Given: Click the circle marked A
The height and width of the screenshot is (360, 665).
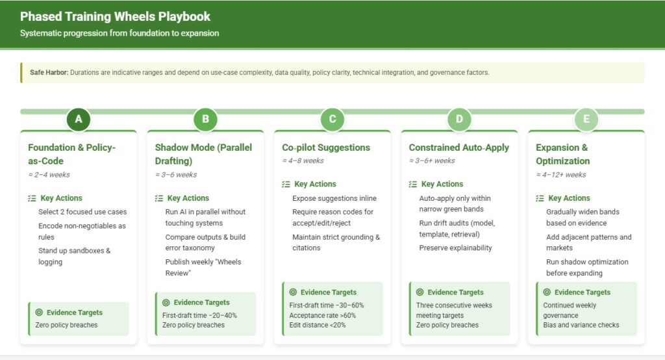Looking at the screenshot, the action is pyautogui.click(x=79, y=120).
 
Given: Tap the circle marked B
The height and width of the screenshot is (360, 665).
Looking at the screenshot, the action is pyautogui.click(x=205, y=120).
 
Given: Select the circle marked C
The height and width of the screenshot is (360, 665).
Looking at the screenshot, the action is pyautogui.click(x=332, y=120).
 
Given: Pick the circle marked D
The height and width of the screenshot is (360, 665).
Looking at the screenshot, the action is pyautogui.click(x=459, y=120).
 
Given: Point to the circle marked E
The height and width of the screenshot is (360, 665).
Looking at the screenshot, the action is pyautogui.click(x=586, y=120).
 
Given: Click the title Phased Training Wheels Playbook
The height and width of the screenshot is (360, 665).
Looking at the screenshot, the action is pyautogui.click(x=115, y=16).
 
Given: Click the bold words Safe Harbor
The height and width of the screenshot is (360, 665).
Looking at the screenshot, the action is pyautogui.click(x=49, y=73).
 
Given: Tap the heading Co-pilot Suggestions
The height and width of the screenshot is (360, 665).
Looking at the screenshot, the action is pyautogui.click(x=326, y=148).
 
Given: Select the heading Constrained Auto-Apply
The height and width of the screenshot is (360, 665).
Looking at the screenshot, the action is pyautogui.click(x=459, y=148).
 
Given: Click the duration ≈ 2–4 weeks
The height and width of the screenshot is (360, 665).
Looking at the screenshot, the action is pyautogui.click(x=49, y=175).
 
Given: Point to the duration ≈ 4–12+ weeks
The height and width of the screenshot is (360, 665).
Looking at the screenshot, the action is pyautogui.click(x=560, y=175).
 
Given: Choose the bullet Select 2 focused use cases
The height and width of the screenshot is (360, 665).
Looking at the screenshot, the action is pyautogui.click(x=82, y=212).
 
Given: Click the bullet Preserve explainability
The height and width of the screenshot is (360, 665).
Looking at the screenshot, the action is pyautogui.click(x=455, y=248).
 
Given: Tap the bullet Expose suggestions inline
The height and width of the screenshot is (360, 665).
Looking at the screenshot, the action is pyautogui.click(x=334, y=198).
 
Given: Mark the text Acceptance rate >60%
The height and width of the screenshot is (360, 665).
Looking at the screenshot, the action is pyautogui.click(x=322, y=315).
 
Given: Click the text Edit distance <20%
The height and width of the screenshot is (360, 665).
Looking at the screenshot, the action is pyautogui.click(x=317, y=325).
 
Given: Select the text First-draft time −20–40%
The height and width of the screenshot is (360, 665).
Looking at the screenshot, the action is pyautogui.click(x=199, y=315).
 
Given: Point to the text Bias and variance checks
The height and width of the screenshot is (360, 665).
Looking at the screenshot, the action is pyautogui.click(x=581, y=325).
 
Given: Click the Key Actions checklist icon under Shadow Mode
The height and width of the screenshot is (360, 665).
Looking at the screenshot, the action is pyautogui.click(x=159, y=198).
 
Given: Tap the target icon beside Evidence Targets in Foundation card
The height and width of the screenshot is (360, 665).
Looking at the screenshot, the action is pyautogui.click(x=39, y=313).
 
